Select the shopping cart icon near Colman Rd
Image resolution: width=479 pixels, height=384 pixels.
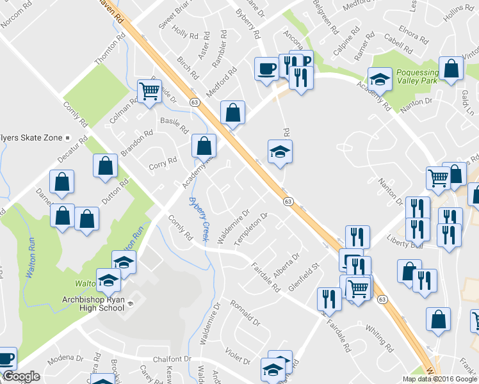(x=149, y=91)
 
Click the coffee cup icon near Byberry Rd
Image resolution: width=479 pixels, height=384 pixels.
(x=266, y=68)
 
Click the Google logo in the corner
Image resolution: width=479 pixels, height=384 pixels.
(x=21, y=377)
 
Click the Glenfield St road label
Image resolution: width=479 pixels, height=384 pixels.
(x=304, y=275)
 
